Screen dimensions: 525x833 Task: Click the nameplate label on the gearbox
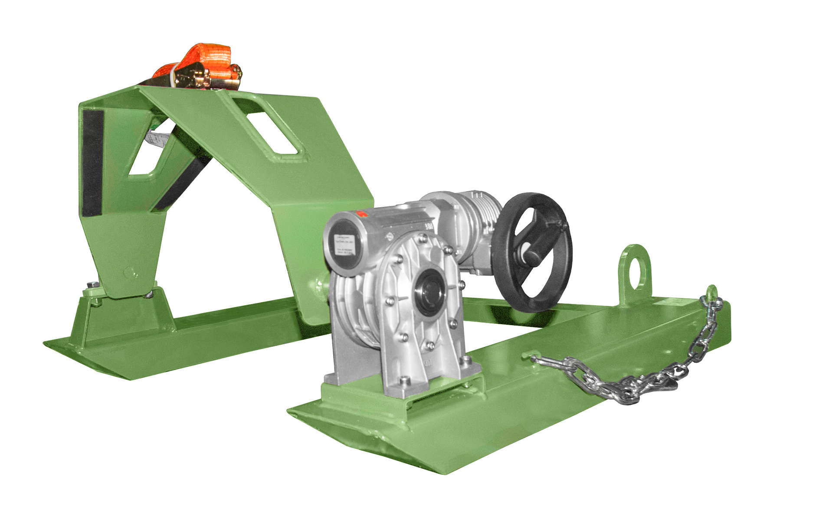click(x=344, y=246)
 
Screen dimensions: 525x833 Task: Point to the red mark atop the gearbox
click(x=361, y=213)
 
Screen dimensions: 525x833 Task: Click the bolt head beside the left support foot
click(x=92, y=285)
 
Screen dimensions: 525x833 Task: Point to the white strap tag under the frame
click(x=156, y=138)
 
